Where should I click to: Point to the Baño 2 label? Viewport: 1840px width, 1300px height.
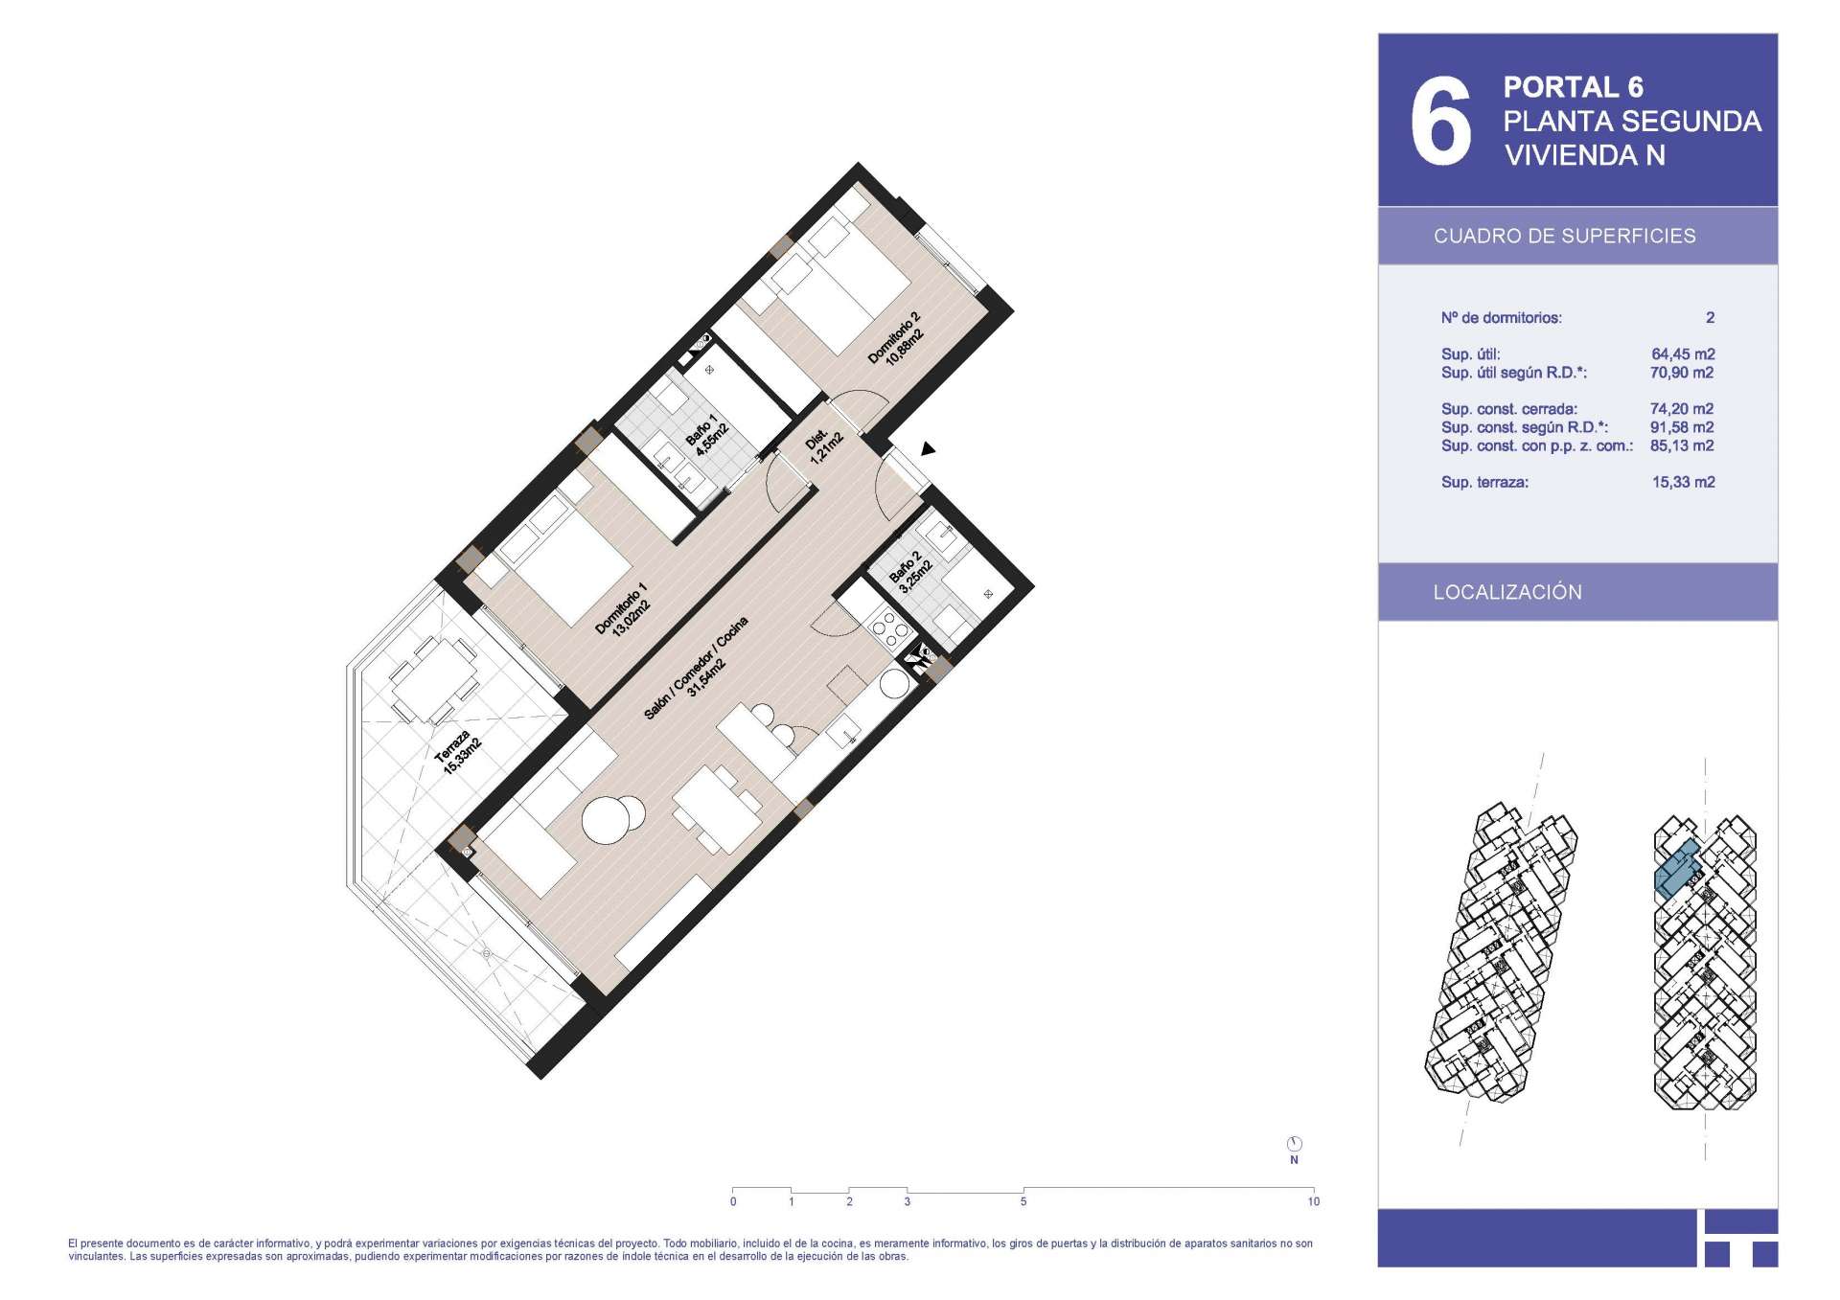point(910,572)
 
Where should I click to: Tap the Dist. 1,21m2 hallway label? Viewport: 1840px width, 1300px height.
point(824,445)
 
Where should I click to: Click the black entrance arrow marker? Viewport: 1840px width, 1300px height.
point(927,448)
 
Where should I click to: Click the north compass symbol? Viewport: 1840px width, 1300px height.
point(1294,1144)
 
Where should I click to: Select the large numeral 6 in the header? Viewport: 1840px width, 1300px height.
point(1439,121)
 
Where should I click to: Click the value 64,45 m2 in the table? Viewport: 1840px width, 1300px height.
point(1683,354)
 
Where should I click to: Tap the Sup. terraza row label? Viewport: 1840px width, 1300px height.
point(1484,483)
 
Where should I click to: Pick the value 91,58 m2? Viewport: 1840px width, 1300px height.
point(1682,427)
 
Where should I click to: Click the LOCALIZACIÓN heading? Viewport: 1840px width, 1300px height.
point(1507,592)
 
